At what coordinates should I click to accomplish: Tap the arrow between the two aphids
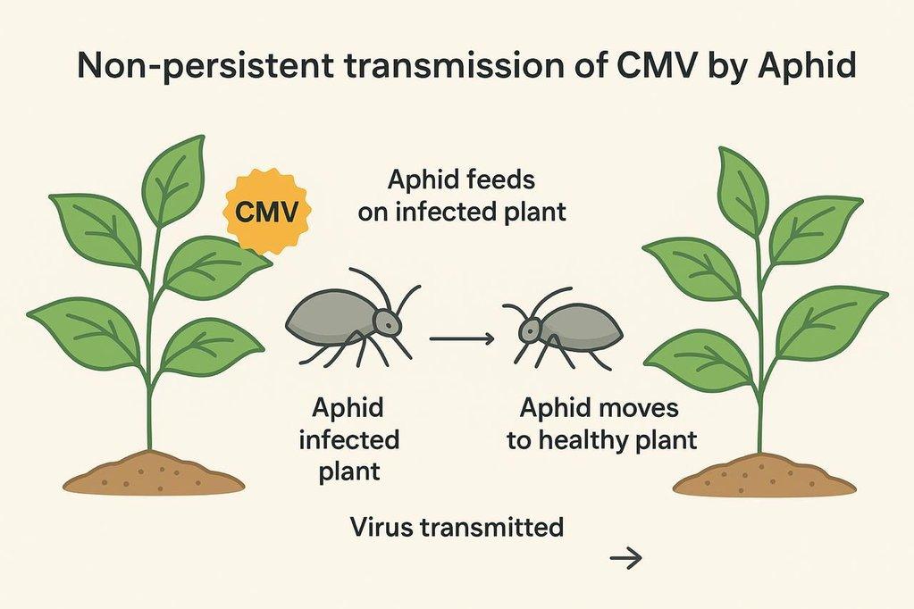point(461,338)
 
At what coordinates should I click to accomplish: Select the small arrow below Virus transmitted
point(625,559)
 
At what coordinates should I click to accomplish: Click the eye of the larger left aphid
point(383,316)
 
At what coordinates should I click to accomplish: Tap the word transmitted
point(495,527)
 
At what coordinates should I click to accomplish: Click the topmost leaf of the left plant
point(175,179)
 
